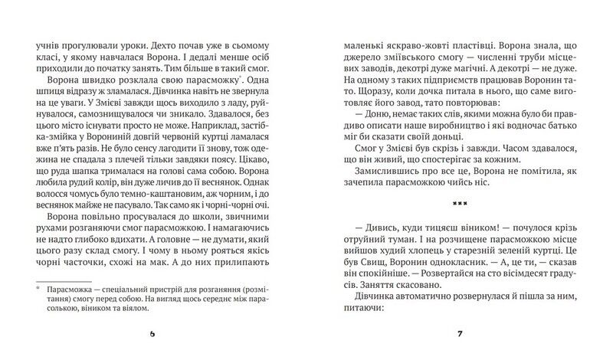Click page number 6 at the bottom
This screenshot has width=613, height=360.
click(x=152, y=333)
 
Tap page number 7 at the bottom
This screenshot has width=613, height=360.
click(x=460, y=333)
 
